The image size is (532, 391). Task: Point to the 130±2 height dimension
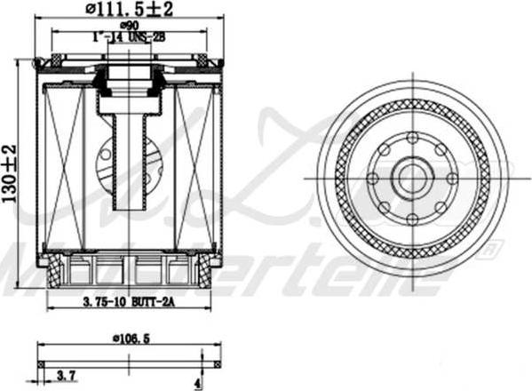10,173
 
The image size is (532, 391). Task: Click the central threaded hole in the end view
412,179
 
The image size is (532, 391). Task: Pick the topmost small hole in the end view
412,138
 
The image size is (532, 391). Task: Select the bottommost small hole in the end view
412,219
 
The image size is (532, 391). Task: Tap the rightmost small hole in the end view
453,179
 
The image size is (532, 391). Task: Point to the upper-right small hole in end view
441,150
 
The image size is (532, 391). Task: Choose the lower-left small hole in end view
384,207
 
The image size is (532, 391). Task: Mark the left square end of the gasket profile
41,363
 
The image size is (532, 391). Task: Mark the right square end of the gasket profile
217,363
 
